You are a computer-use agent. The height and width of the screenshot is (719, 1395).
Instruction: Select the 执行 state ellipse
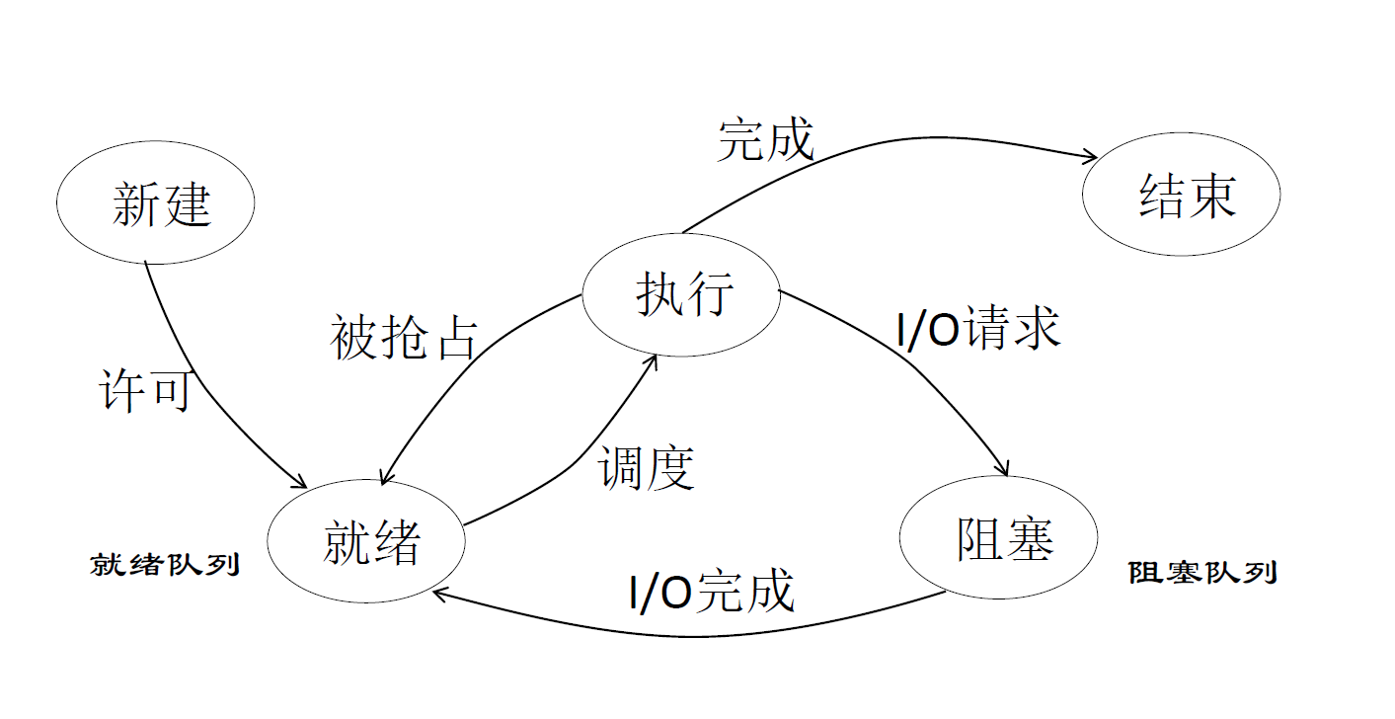[681, 294]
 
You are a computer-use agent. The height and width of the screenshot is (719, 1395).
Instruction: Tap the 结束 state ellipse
[1181, 196]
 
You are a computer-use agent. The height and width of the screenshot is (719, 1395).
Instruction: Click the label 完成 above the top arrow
[765, 139]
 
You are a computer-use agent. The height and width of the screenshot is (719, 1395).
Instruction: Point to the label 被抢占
[403, 339]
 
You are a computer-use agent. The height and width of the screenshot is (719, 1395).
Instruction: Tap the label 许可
[144, 391]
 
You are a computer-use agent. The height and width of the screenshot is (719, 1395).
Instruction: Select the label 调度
[647, 467]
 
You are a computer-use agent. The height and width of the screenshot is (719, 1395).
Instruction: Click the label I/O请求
[977, 328]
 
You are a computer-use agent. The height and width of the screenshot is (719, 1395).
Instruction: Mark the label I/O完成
[711, 592]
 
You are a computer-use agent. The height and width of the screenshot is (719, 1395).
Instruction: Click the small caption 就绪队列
[165, 565]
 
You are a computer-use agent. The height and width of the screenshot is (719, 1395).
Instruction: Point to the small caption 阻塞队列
[1201, 572]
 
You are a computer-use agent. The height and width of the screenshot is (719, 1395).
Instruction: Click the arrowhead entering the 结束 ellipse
[1092, 156]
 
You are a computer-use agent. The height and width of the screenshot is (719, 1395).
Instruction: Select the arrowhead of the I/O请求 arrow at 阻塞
[1004, 470]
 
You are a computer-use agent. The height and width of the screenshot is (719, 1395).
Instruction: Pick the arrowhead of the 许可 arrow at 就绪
[300, 483]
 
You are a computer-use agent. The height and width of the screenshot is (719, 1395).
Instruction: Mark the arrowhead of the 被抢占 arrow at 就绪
[386, 478]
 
